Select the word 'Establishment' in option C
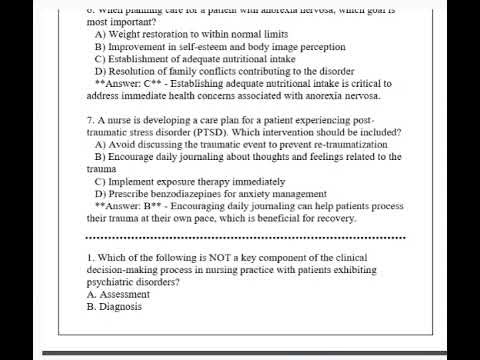(139, 59)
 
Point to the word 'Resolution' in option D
(133, 72)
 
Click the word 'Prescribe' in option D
(128, 196)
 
